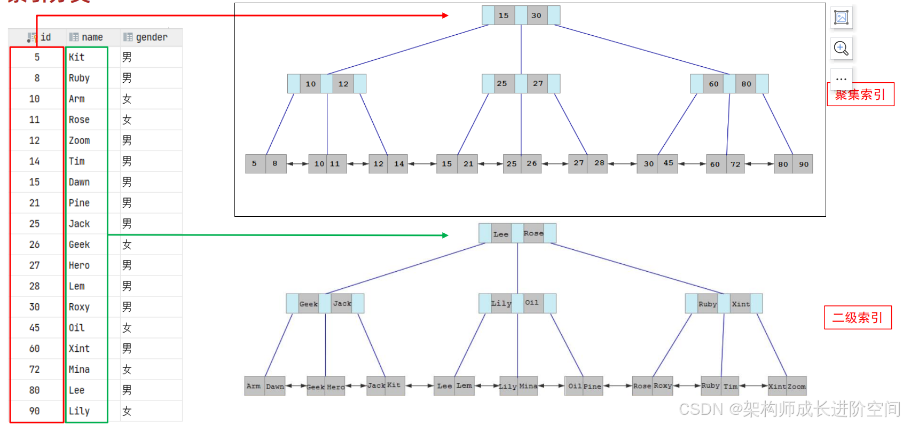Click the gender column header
point(151,37)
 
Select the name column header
point(92,37)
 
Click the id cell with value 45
point(35,328)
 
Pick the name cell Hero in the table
point(79,265)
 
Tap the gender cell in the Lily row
point(127,411)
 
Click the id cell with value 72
point(35,369)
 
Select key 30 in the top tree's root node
point(536,15)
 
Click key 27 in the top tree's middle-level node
point(538,83)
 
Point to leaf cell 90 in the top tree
point(804,164)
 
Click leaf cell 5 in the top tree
point(254,164)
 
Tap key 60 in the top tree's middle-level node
point(713,84)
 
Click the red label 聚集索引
point(860,95)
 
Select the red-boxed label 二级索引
point(858,318)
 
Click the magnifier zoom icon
point(841,49)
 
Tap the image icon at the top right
point(841,18)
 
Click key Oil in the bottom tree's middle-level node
point(532,303)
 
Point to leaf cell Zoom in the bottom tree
point(796,387)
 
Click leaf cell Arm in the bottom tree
point(254,386)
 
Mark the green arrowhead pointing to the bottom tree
point(445,235)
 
